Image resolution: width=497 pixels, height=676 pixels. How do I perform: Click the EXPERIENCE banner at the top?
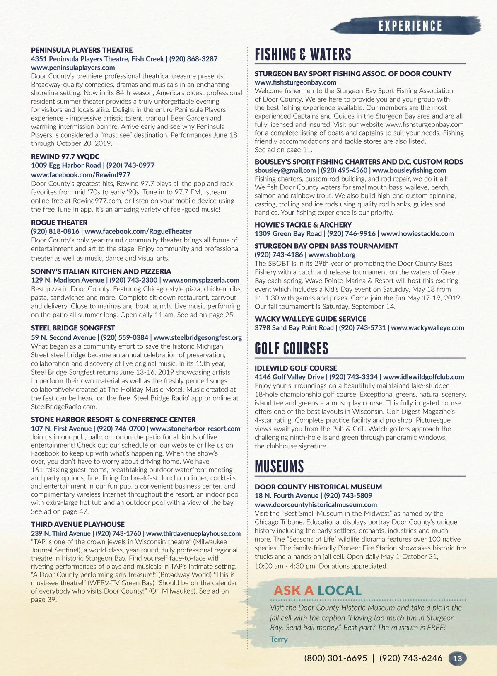(410, 26)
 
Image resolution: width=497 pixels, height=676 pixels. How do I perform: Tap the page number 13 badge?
(457, 659)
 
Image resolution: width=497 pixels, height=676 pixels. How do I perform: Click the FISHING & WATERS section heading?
(303, 54)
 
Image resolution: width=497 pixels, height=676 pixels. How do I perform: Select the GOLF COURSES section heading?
(291, 349)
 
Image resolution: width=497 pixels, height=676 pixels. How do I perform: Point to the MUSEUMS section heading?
(279, 467)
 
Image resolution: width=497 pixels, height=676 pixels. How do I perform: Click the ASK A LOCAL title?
(317, 590)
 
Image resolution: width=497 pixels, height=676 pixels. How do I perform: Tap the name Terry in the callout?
(279, 639)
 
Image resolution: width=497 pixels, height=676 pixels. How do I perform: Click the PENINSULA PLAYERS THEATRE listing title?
(82, 50)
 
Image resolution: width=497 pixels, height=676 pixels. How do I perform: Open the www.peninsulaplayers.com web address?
(73, 68)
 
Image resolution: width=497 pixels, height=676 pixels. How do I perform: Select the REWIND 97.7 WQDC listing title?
(65, 157)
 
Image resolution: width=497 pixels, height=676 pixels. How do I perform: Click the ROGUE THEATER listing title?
(59, 223)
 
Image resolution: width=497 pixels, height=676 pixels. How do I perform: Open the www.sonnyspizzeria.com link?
(201, 280)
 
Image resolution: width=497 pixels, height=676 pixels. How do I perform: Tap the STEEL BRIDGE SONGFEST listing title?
(73, 328)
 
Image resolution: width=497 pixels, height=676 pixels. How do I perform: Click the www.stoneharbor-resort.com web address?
(195, 429)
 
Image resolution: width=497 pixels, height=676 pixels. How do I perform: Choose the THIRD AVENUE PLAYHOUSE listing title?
(78, 524)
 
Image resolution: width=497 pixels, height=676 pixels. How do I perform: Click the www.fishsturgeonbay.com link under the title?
(290, 82)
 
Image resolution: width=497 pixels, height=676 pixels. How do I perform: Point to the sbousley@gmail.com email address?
(285, 170)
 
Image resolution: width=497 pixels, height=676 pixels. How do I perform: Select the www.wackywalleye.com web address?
(427, 328)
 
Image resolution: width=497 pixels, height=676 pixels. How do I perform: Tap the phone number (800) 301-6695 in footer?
(335, 659)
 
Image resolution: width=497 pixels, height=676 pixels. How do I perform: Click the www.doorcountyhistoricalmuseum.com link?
(316, 505)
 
